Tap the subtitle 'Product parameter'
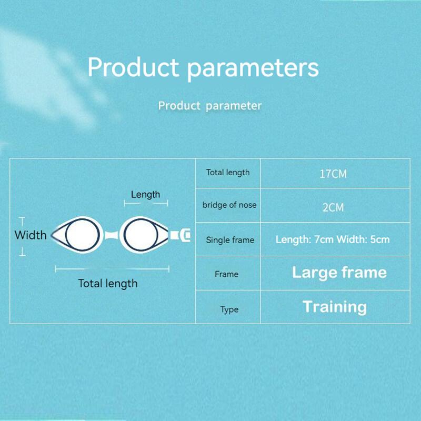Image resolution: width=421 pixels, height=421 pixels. (x=210, y=106)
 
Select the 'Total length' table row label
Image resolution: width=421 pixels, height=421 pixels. (x=228, y=173)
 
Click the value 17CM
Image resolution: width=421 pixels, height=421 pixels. (x=333, y=174)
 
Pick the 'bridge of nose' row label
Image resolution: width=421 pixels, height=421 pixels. (x=229, y=205)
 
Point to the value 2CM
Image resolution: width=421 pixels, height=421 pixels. (x=333, y=207)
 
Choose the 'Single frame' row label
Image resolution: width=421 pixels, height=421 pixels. (x=230, y=240)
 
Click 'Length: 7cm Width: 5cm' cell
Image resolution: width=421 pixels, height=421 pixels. (x=333, y=240)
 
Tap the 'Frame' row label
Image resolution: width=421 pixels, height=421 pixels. (x=226, y=274)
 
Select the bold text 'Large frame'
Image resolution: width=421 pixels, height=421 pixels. (x=339, y=273)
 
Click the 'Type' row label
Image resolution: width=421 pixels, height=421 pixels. (x=229, y=309)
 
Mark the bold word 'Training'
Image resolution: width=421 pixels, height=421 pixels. (x=335, y=307)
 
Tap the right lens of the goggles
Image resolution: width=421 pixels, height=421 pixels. (x=139, y=234)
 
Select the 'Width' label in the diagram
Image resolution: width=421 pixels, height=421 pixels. (x=31, y=235)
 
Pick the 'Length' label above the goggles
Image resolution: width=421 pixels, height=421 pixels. (x=145, y=195)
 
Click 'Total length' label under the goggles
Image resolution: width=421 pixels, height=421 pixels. (x=108, y=284)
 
